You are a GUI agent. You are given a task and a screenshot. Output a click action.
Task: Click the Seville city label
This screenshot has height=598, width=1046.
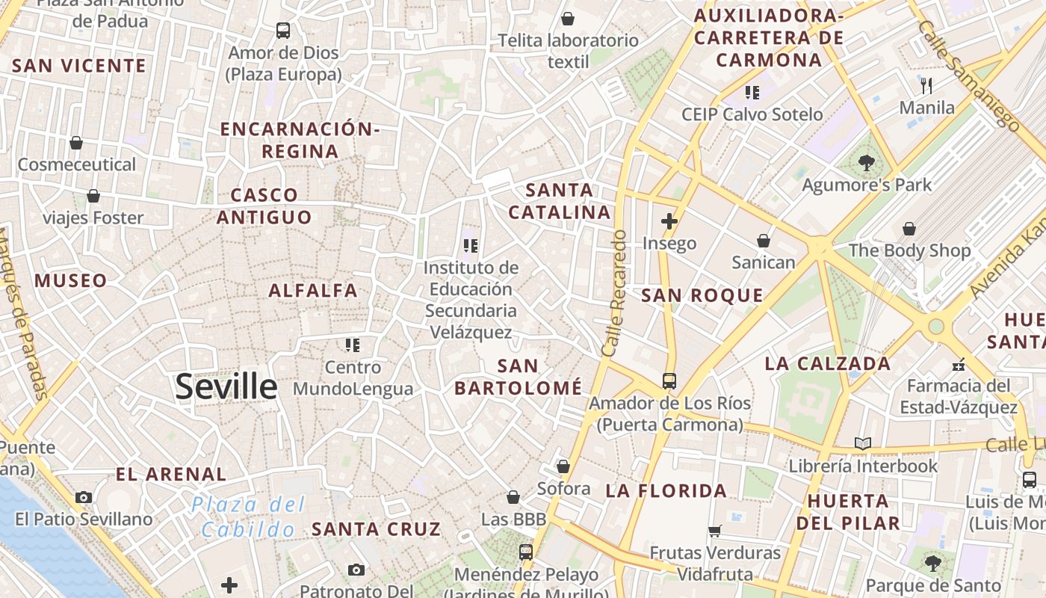226,386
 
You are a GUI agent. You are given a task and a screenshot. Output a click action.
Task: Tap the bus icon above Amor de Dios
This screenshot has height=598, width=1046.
283,31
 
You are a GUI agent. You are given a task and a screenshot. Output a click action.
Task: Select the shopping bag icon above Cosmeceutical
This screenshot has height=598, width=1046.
76,142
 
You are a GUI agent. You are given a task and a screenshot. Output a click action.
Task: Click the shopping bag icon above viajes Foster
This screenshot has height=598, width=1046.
93,196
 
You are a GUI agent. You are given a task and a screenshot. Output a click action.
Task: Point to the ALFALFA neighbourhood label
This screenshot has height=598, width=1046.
313,291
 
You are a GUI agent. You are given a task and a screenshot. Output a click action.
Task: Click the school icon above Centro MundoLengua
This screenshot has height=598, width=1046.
353,345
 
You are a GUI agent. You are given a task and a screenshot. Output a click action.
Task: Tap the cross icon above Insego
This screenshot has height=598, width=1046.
669,221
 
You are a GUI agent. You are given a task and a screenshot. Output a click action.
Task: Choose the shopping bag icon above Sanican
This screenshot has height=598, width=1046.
764,240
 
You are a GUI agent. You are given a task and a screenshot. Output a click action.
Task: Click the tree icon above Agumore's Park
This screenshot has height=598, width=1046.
867,162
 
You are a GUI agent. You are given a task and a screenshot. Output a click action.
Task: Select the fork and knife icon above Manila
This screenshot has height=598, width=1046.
926,85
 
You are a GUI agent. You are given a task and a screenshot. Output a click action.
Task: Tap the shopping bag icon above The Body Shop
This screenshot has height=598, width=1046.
909,228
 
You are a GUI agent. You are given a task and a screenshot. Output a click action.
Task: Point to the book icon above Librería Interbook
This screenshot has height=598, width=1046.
863,443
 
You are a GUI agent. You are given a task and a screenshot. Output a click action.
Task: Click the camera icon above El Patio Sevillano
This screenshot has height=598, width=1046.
84,497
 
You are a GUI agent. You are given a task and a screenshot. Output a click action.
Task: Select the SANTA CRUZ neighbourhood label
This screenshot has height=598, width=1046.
376,529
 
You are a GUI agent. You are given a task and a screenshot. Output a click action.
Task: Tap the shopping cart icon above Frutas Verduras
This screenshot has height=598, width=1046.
715,531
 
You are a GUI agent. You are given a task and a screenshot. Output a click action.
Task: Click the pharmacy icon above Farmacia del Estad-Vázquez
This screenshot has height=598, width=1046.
959,366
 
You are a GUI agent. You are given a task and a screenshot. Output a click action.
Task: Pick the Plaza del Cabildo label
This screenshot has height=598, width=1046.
248,517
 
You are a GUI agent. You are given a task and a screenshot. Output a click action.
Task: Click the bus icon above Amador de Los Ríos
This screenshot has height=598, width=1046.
669,380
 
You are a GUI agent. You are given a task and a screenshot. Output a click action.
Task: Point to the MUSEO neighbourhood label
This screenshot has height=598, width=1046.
71,281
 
